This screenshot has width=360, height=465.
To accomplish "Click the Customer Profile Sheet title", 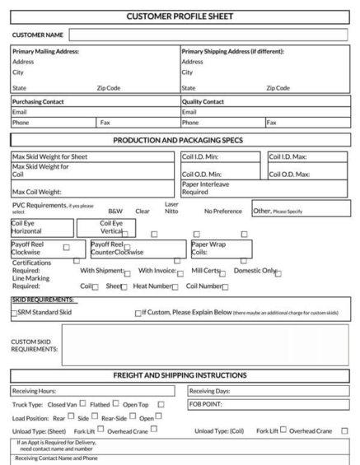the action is click(x=180, y=16).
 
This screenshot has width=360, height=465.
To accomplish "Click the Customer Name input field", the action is click(x=210, y=35).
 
